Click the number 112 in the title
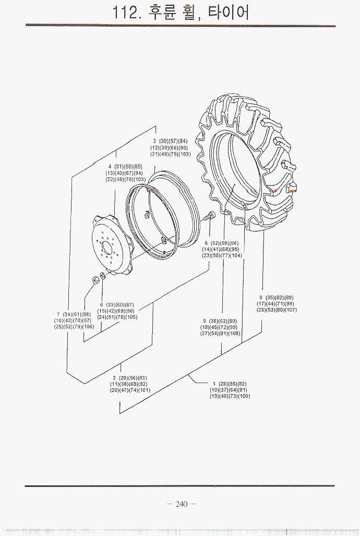pyautogui.click(x=126, y=12)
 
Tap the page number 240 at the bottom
pyautogui.click(x=181, y=504)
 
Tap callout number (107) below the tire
pyautogui.click(x=291, y=310)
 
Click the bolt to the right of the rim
pyautogui.click(x=209, y=216)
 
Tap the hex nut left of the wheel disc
pyautogui.click(x=96, y=280)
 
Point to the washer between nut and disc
pyautogui.click(x=103, y=277)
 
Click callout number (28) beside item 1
pyautogui.click(x=225, y=384)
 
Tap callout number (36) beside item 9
pyautogui.click(x=214, y=321)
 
